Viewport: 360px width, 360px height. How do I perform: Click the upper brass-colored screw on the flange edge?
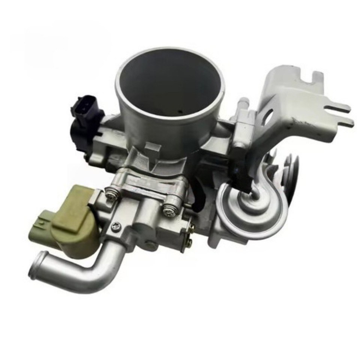point(191,226)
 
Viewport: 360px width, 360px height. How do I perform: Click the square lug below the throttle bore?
point(151,150)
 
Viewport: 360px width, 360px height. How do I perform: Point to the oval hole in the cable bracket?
point(268,118)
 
